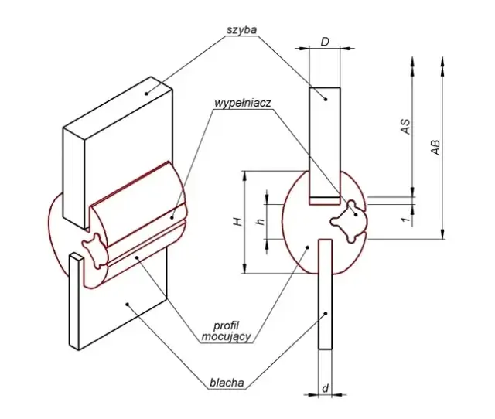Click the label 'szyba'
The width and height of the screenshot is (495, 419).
[x=241, y=29]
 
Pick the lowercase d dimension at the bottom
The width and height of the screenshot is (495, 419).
[x=325, y=387]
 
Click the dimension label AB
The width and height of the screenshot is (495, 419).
[x=436, y=148]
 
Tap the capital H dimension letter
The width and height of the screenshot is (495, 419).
[x=238, y=222]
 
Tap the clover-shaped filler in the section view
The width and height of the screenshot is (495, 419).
[x=346, y=220]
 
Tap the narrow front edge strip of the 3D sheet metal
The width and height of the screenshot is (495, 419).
[x=73, y=301]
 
